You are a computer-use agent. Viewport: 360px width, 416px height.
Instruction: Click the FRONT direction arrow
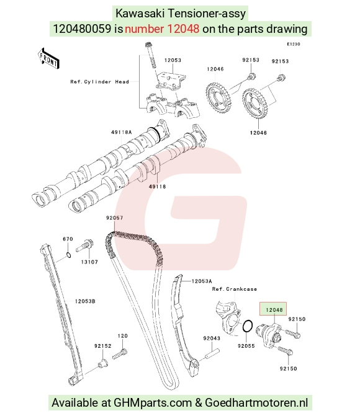coord(48,59)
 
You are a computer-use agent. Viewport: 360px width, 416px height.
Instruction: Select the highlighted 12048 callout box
coord(273,309)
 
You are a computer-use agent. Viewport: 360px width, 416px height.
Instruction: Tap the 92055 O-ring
coord(248,326)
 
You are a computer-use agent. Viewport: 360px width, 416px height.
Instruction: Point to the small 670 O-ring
coord(68,255)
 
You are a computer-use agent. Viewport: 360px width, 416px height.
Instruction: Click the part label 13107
coord(89,262)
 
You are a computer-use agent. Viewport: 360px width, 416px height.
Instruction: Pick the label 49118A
coord(122,132)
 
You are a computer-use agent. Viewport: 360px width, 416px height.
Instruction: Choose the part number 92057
coord(114,218)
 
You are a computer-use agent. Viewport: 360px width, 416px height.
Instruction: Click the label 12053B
coord(85,301)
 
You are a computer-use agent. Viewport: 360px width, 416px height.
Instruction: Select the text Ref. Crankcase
coord(235,289)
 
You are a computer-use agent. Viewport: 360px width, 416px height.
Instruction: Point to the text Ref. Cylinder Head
coord(100,82)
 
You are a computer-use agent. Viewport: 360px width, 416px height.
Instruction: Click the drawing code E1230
coord(294,44)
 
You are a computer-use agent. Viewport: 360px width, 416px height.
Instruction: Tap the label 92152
coord(103,346)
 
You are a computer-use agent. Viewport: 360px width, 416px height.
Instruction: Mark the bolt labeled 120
coord(120,355)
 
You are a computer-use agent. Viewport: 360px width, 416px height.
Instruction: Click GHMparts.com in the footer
coord(153,403)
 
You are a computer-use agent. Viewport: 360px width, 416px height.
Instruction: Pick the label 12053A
coord(202,281)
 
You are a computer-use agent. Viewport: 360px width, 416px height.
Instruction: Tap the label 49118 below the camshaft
coord(157,187)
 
